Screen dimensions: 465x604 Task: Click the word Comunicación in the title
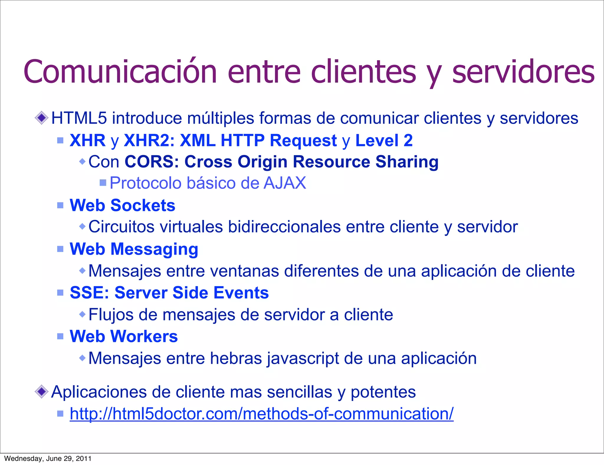pos(120,72)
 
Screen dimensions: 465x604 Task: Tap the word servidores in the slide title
pos(523,72)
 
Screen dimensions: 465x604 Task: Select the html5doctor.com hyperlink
pos(261,414)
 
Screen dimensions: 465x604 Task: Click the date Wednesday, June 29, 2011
pos(48,459)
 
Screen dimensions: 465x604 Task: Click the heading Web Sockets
pos(122,205)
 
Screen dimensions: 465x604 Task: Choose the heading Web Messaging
pos(134,249)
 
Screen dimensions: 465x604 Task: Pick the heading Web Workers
pos(124,336)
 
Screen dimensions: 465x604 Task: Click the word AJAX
pos(285,183)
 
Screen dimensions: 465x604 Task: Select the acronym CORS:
pos(152,162)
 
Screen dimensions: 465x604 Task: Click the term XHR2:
pos(149,140)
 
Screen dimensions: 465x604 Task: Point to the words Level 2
pos(384,140)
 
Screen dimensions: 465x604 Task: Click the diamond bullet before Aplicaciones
pos(41,392)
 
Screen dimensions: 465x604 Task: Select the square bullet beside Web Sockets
pos(60,205)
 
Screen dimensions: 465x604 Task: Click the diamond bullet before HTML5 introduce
pos(41,118)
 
